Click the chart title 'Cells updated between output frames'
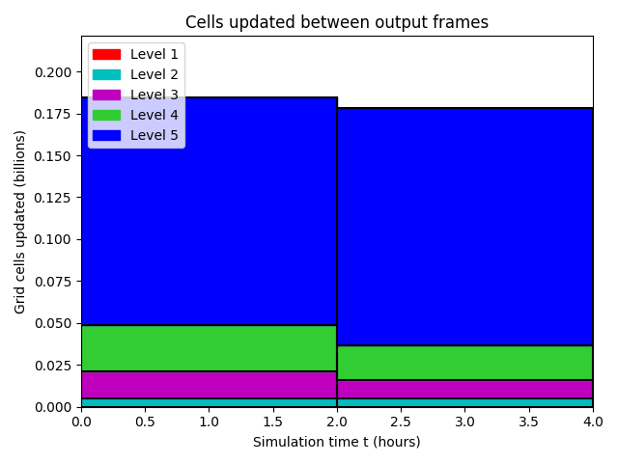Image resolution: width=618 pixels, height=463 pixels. (337, 22)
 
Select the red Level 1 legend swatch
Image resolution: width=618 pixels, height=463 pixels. (106, 54)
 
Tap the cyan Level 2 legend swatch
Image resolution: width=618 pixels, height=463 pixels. (106, 75)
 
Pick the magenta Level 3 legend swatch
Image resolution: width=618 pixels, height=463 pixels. (106, 95)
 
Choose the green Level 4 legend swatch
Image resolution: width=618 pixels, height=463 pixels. (106, 116)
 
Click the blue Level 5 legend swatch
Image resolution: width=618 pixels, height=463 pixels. (106, 135)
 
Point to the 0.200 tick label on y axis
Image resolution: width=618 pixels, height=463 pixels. (53, 72)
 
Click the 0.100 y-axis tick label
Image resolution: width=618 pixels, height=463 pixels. (53, 240)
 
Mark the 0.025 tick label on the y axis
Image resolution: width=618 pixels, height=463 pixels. (53, 366)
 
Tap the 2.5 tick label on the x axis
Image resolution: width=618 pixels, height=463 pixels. (401, 422)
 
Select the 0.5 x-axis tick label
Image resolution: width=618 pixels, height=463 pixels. (145, 422)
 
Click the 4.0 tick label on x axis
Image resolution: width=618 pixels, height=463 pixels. (593, 422)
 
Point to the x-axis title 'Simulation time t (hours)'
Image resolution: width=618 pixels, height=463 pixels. (337, 442)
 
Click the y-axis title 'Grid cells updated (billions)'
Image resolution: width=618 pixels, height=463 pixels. (19, 223)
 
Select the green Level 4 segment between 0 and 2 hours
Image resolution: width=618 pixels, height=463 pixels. (210, 348)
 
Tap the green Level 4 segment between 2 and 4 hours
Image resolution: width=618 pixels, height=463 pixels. (465, 363)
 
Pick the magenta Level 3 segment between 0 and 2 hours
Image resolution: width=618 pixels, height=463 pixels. (210, 385)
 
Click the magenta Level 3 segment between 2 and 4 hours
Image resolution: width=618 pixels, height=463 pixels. (465, 390)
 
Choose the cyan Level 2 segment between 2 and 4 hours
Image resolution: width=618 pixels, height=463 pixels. (465, 403)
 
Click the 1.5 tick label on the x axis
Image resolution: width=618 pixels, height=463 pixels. (272, 422)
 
